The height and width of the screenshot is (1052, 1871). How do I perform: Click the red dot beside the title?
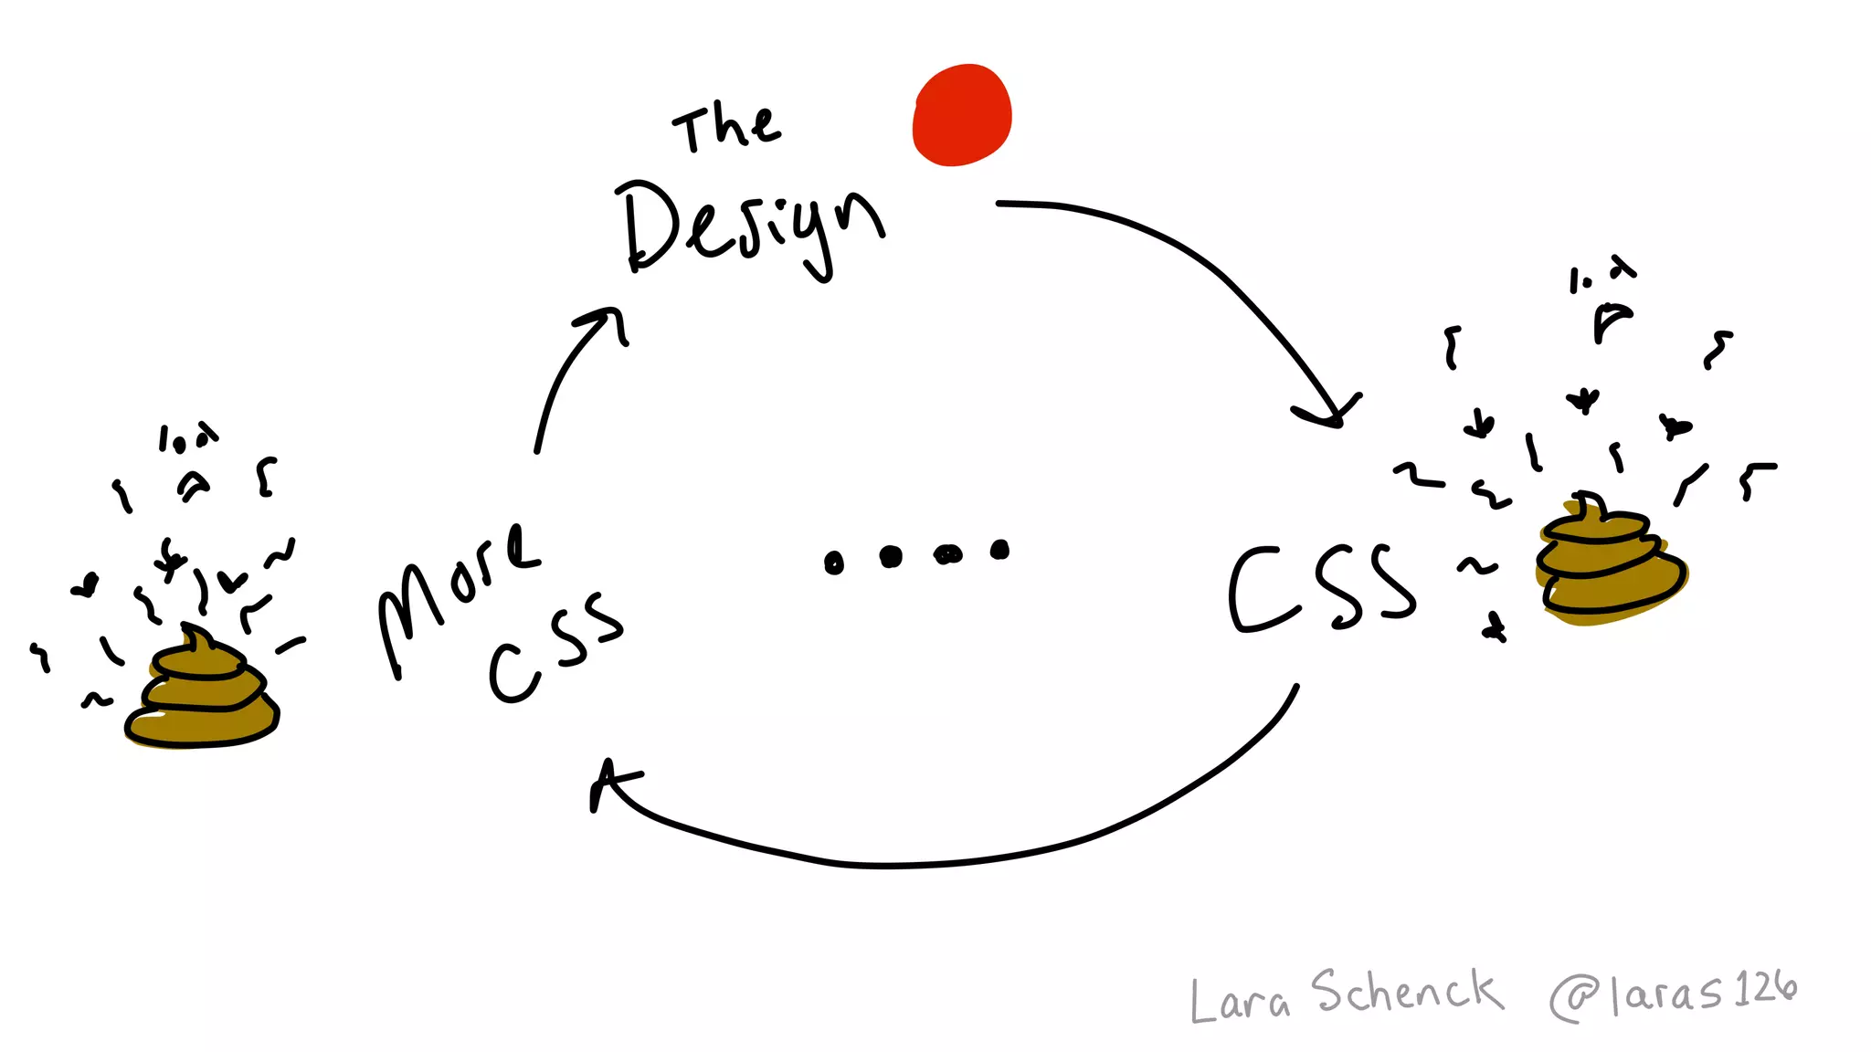coord(962,115)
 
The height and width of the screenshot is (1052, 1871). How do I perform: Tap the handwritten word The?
coord(727,128)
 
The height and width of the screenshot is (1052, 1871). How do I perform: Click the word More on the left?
coord(457,594)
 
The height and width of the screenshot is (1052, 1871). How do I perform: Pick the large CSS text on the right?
coord(1321,589)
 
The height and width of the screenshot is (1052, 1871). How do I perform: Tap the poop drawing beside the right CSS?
coord(1610,566)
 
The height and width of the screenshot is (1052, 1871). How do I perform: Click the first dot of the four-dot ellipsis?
coord(833,563)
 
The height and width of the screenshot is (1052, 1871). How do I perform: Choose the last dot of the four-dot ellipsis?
coord(1000,550)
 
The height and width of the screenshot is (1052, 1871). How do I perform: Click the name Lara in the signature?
coord(1240,1001)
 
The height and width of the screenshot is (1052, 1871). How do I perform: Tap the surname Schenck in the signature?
coord(1407,992)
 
